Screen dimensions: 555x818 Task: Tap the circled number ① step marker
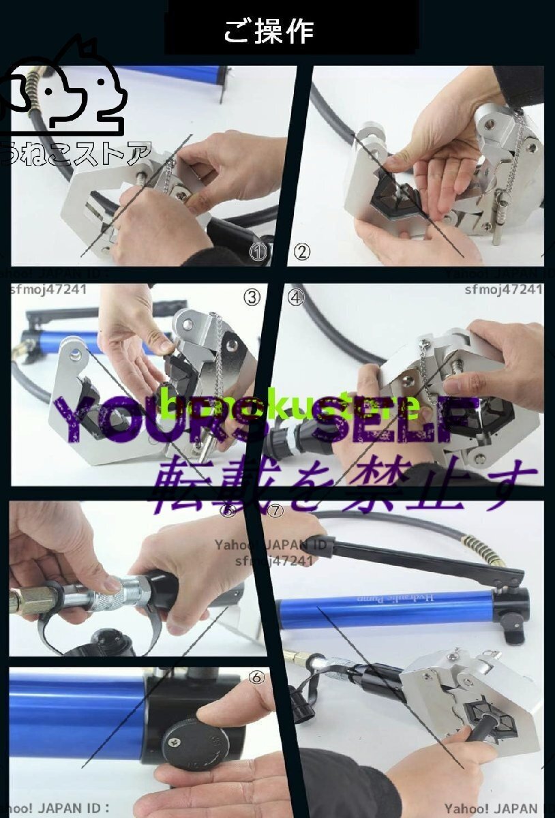coord(258,254)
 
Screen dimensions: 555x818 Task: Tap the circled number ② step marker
coord(302,252)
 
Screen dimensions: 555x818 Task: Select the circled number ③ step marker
coord(252,297)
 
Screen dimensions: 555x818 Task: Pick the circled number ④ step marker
coord(296,297)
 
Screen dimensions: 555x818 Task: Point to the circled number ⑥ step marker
coord(257,677)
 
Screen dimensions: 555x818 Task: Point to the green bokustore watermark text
coord(290,407)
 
